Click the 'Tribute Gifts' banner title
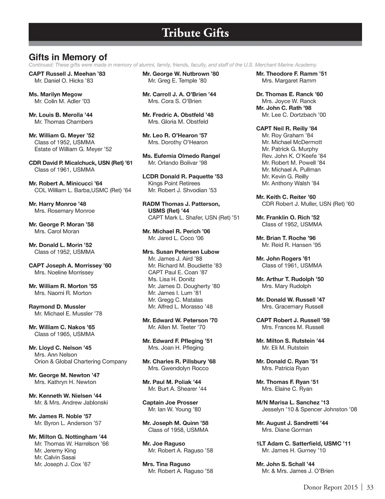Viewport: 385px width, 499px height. click(195, 33)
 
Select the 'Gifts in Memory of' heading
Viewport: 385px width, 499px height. click(68, 57)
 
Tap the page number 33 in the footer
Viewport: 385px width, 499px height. click(370, 487)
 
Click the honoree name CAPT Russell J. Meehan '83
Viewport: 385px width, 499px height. click(67, 74)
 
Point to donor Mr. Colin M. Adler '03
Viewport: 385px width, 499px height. click(62, 101)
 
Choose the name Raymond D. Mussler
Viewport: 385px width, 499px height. click(57, 307)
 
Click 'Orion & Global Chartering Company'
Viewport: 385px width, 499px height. click(80, 362)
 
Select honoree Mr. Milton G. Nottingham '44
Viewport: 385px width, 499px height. click(68, 437)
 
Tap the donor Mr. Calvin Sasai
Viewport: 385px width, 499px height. click(55, 457)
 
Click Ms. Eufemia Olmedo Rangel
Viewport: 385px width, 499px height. click(181, 156)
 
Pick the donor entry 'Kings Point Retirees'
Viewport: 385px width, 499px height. click(174, 183)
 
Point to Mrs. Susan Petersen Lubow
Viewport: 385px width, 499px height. click(180, 252)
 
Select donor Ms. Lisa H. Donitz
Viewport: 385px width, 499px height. click(171, 280)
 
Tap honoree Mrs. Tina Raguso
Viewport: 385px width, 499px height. click(166, 464)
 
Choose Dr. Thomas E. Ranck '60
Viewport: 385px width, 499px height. click(289, 95)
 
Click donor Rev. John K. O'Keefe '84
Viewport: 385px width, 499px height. click(294, 156)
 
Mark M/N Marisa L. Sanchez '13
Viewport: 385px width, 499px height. click(293, 403)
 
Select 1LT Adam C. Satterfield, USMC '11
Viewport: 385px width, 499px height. click(303, 444)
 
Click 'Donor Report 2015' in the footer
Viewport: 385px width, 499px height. click(330, 487)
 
